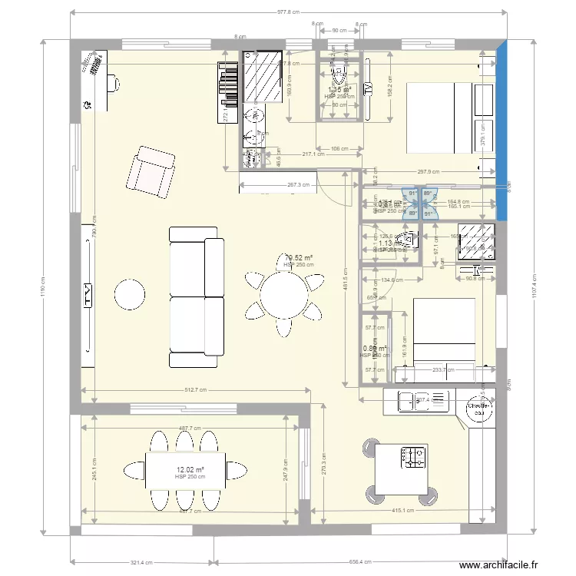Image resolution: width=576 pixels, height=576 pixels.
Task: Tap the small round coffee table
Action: pyautogui.click(x=130, y=293)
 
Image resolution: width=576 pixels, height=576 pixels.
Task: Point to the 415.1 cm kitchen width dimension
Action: pyautogui.click(x=403, y=509)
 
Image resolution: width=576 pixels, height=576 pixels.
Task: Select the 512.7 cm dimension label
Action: pyautogui.click(x=197, y=390)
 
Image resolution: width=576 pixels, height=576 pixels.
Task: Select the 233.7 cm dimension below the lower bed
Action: pyautogui.click(x=443, y=370)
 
